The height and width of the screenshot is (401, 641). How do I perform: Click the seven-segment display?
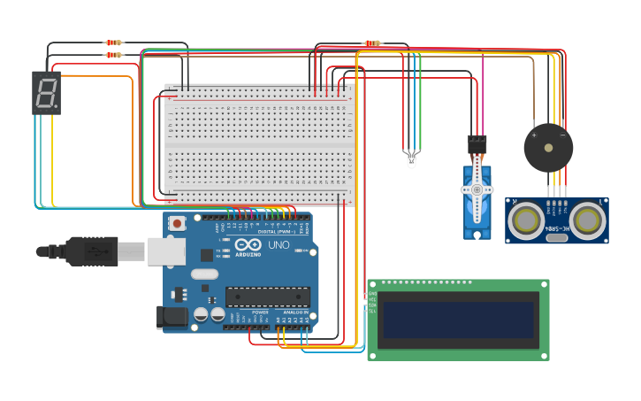(46, 93)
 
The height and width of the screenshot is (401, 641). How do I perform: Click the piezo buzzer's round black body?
(548, 148)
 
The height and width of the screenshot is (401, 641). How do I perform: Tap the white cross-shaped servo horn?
(477, 189)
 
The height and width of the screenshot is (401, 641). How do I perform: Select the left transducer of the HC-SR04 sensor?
(528, 220)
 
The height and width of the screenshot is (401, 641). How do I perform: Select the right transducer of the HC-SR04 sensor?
(586, 220)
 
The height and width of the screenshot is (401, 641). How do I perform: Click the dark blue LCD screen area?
(458, 320)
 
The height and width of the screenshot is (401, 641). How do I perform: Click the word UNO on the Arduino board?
(279, 244)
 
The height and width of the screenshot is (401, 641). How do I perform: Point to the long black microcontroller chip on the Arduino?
(268, 297)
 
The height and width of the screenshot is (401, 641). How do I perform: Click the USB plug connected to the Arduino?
(93, 251)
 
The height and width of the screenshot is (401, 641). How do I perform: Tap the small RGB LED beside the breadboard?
(411, 159)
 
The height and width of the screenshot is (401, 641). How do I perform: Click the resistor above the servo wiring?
(372, 42)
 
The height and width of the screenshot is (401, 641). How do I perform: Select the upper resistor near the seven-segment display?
(113, 42)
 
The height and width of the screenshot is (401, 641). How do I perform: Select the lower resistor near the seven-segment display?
(113, 55)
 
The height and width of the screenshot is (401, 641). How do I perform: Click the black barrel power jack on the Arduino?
(170, 318)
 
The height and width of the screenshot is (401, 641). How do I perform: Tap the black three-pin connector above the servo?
(477, 141)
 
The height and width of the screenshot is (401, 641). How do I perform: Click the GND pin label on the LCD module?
(372, 294)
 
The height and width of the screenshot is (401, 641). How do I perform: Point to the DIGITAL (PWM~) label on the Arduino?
(276, 232)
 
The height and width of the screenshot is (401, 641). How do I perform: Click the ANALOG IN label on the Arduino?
(295, 312)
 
